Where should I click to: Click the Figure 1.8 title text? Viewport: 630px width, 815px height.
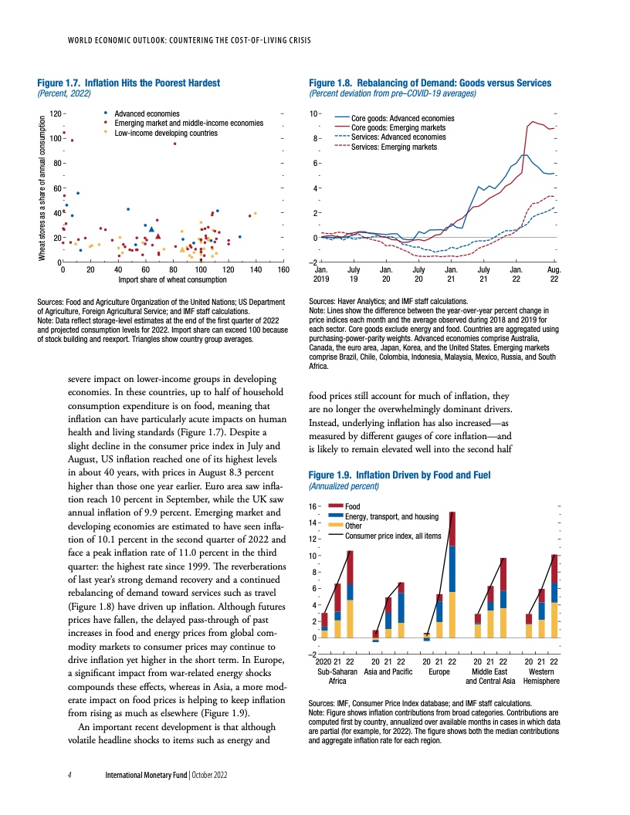click(x=429, y=83)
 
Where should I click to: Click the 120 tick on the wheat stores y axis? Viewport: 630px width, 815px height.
click(x=55, y=114)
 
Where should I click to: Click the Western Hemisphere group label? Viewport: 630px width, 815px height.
click(x=540, y=677)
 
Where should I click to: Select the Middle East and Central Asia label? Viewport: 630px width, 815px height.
click(x=489, y=677)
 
